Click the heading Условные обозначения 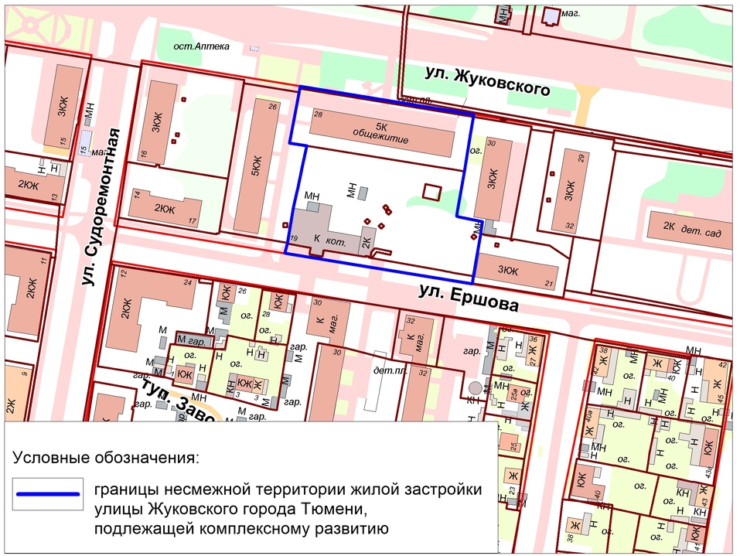tap(106, 456)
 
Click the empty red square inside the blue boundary tap(431, 191)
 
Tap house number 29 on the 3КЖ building tap(580, 159)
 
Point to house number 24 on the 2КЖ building tap(186, 282)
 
